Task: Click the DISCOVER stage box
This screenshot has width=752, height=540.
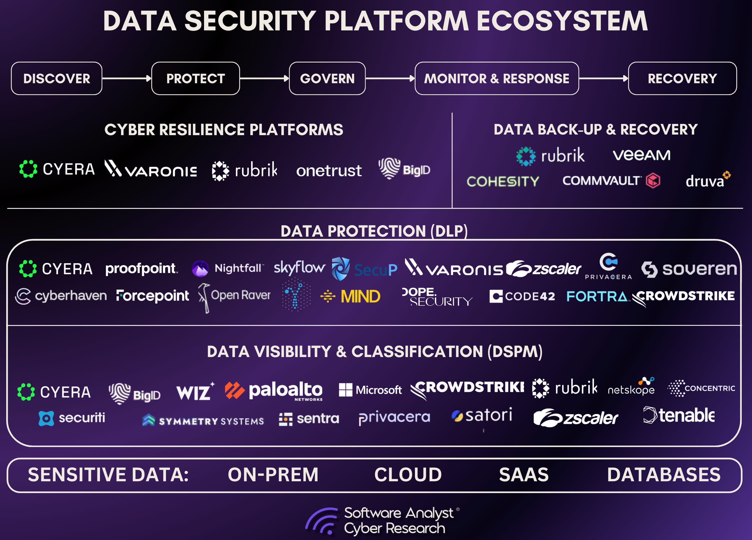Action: (x=56, y=78)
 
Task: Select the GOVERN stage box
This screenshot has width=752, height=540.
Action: (x=327, y=78)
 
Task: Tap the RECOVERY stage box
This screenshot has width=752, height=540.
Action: (x=682, y=78)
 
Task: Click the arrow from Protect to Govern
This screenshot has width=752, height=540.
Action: (x=264, y=78)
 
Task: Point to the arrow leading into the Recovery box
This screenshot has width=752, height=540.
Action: (x=603, y=78)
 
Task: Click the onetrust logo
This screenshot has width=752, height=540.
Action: (x=329, y=171)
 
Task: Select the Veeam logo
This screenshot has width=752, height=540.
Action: (x=641, y=155)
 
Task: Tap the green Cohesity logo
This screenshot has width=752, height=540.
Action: (x=503, y=181)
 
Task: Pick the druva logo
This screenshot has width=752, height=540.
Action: (x=707, y=180)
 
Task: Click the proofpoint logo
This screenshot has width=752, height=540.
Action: (x=141, y=269)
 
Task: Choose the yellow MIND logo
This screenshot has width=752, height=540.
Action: (x=351, y=296)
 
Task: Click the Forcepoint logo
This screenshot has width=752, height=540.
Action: (x=152, y=296)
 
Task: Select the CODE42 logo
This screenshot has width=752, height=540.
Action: (x=522, y=296)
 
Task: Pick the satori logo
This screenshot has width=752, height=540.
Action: (x=482, y=415)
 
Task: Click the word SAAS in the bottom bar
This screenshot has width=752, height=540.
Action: (x=523, y=475)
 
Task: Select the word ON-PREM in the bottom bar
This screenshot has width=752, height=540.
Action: (x=273, y=475)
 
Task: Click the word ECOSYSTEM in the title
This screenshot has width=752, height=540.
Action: (x=562, y=21)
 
